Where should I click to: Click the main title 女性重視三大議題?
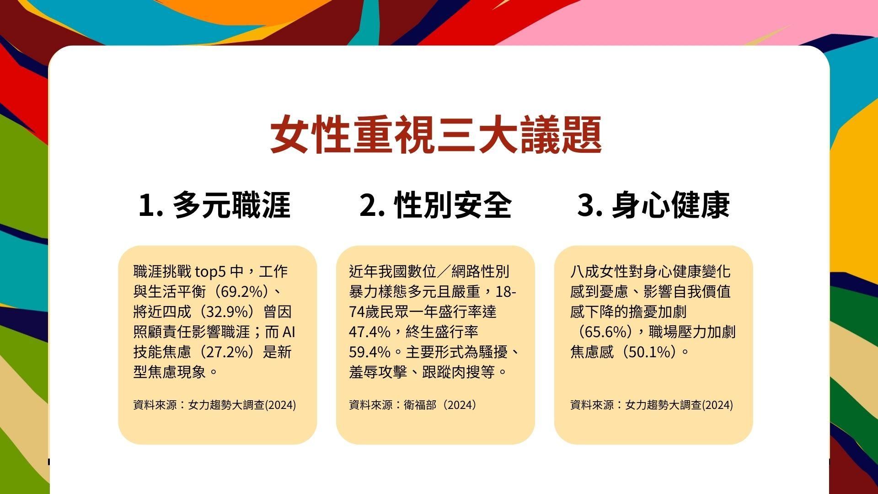(x=436, y=134)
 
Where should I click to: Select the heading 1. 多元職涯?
(x=214, y=205)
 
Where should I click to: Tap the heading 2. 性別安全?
(x=435, y=205)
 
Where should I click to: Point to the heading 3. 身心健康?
(x=653, y=205)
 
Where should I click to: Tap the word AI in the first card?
(x=289, y=332)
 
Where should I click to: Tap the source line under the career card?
(x=215, y=405)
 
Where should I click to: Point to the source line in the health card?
(x=652, y=405)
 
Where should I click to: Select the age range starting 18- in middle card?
(x=506, y=292)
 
